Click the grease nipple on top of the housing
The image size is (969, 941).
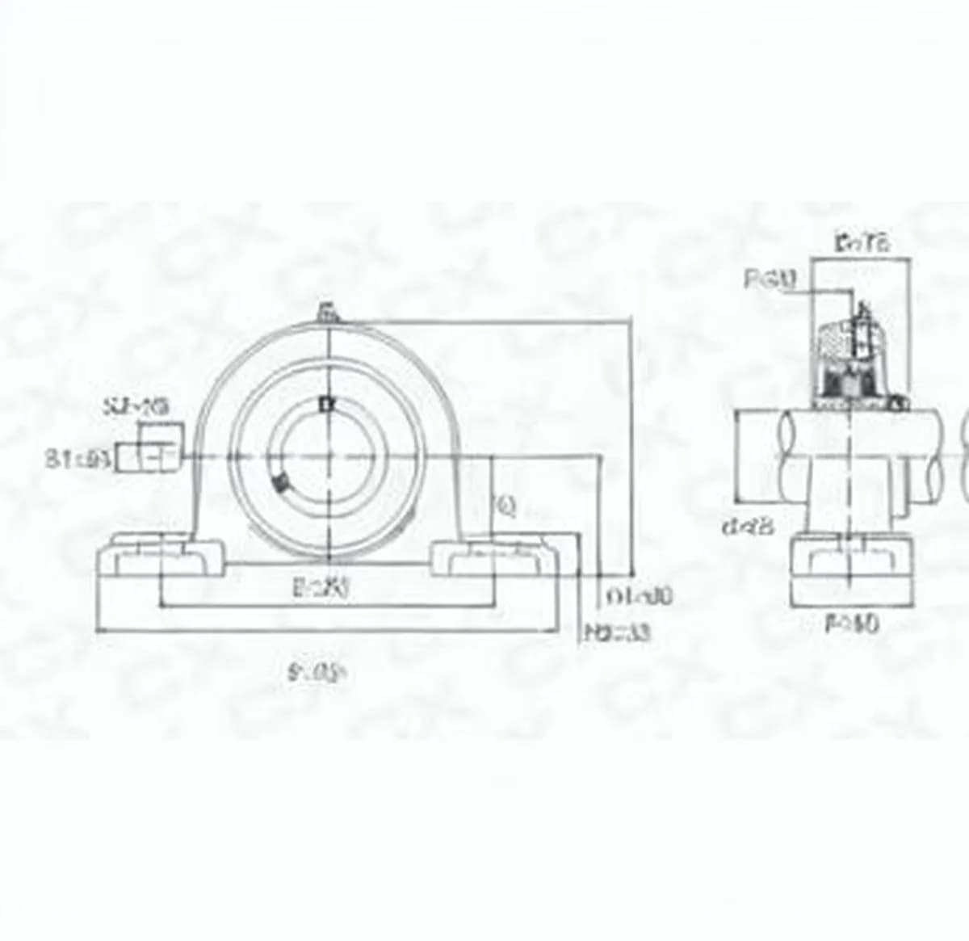[328, 312]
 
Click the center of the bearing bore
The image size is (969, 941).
[328, 458]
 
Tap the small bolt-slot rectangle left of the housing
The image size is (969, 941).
[147, 457]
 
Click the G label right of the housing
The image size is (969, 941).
[506, 506]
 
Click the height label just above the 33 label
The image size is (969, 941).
[639, 597]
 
